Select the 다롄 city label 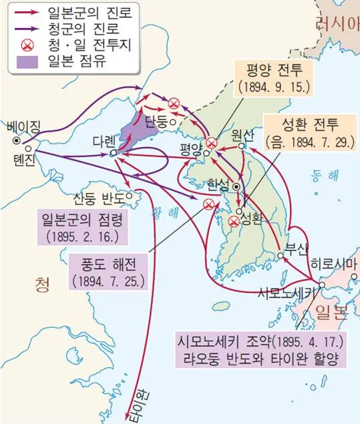tap(104, 142)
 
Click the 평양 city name tap(194, 147)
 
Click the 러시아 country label tap(337, 27)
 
